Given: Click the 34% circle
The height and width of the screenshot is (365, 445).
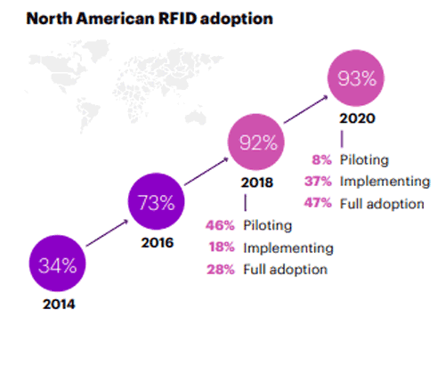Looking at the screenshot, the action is coord(57,264).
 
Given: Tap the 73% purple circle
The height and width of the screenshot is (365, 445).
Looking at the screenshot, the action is coord(157,201).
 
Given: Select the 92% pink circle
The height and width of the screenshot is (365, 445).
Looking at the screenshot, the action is coord(256,142).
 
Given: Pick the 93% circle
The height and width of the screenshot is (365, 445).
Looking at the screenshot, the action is coord(356,77).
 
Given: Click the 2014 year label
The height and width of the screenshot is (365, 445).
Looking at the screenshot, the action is coord(59,304).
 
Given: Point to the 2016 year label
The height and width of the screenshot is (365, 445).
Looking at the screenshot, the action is coord(158,243).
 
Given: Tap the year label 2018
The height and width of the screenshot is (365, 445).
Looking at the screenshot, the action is coord(257,182).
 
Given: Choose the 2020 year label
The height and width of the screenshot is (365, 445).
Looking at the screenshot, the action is coord(357,118).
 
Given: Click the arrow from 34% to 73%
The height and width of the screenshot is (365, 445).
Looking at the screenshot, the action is coord(107,233).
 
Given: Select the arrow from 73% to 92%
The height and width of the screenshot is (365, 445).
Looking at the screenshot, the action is coord(206,171).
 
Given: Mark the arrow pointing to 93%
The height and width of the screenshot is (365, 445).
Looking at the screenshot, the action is coord(306,109).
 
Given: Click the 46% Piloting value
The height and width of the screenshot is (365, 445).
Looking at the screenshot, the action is coord(220,225).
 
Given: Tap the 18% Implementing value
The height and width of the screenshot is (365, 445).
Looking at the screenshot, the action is coord(222,247).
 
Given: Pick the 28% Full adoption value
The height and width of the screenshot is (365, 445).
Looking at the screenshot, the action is coord(221,270).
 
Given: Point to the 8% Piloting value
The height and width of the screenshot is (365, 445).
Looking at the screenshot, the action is coord(321,160).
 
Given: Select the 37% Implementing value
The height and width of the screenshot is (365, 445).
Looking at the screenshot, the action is coord(318,182).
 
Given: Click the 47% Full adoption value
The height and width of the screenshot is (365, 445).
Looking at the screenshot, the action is coord(318,203).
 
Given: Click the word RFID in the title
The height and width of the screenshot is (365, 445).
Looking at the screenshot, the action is coord(177,19).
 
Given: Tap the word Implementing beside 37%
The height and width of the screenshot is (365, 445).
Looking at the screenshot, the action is coord(384,182).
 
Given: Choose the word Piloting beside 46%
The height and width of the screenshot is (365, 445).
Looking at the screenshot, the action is coord(268,225).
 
